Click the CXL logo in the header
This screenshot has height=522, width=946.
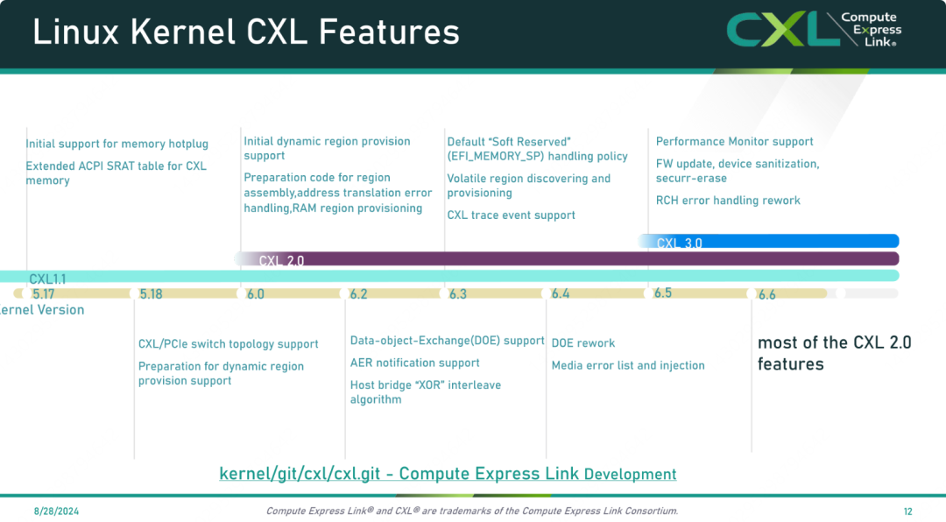pos(814,30)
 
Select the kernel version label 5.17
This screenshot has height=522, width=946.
pos(44,294)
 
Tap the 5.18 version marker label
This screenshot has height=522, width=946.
pos(151,294)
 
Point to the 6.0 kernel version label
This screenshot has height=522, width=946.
pos(255,294)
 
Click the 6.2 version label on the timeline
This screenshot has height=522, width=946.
pos(358,294)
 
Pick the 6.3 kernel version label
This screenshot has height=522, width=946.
pos(458,294)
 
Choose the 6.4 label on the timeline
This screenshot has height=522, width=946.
pos(561,294)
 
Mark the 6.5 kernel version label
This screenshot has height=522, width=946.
pos(663,293)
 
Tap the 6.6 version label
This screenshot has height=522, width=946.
pos(766,295)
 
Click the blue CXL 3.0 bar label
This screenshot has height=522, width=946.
pos(680,243)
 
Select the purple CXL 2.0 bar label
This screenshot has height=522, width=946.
pos(281,261)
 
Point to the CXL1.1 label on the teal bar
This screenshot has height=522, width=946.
pos(47,279)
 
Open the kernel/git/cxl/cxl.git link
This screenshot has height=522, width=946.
pos(448,474)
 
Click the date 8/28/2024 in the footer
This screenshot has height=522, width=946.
pos(56,511)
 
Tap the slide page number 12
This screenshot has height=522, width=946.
pos(908,511)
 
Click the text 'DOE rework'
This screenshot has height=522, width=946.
pos(583,342)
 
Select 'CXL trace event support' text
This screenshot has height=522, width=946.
pos(511,215)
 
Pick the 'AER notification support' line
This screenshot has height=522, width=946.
pos(415,363)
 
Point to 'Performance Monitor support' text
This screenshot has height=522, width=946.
pos(734,141)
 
